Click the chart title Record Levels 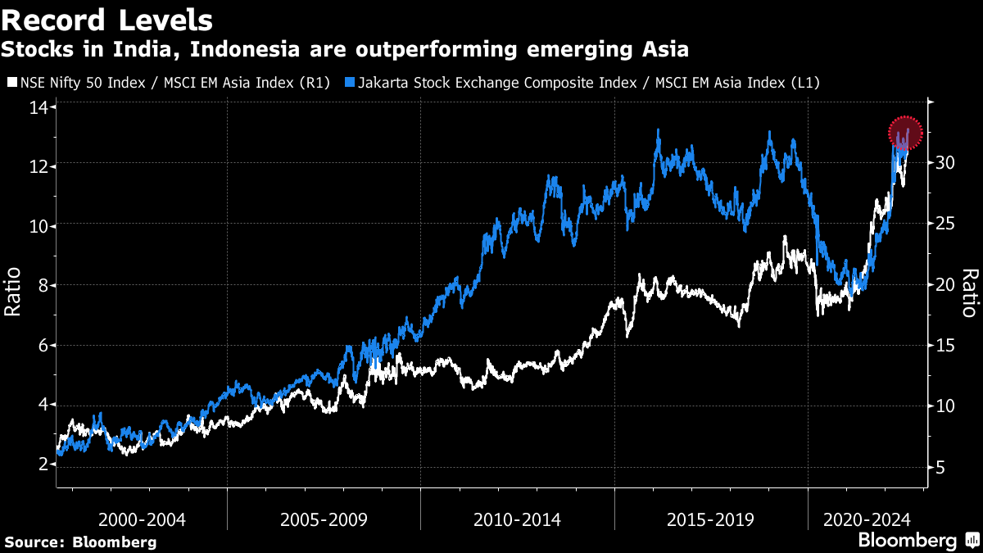coord(107,20)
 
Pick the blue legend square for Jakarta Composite coord(350,83)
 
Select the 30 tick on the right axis coord(947,162)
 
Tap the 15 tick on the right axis coord(947,346)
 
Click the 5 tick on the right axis coord(942,468)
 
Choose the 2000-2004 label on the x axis coord(142,519)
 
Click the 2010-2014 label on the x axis coord(517,519)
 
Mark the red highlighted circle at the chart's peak coord(905,132)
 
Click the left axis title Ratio coord(14,293)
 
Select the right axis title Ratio coord(970,293)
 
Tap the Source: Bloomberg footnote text coord(80,542)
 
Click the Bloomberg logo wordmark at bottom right coord(907,541)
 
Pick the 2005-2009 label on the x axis coord(324,519)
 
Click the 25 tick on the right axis coord(947,224)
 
